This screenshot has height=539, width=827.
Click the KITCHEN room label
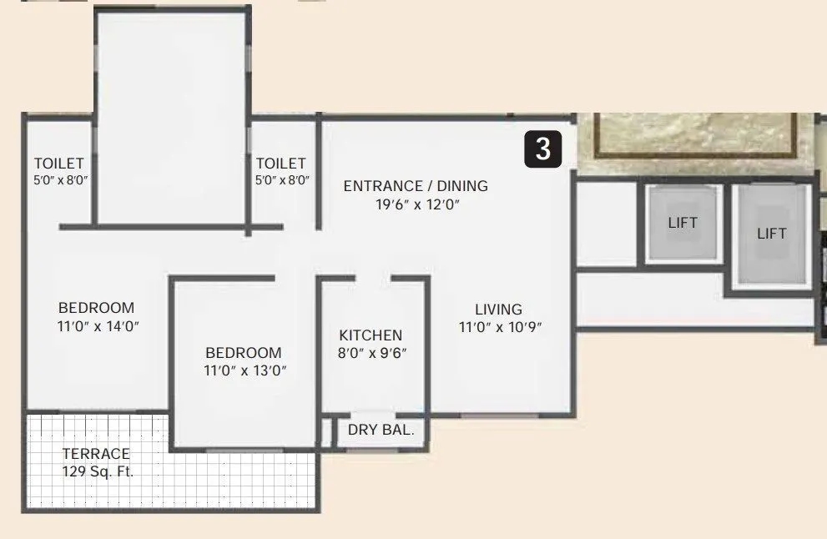(x=371, y=335)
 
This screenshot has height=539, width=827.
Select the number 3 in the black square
(x=543, y=149)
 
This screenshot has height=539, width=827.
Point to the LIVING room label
(x=499, y=310)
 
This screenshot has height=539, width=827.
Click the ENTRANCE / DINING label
(x=416, y=186)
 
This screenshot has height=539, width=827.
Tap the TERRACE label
(x=97, y=454)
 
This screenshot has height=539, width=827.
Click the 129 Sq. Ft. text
(x=98, y=471)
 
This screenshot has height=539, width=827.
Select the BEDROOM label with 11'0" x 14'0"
(x=96, y=308)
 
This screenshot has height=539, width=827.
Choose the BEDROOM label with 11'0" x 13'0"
(x=244, y=353)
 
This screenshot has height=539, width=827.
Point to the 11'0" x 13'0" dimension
(x=245, y=371)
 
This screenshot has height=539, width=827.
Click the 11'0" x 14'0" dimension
(x=98, y=326)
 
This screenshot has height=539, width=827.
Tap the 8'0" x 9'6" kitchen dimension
(x=372, y=353)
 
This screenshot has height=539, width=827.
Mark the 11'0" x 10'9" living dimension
(x=501, y=327)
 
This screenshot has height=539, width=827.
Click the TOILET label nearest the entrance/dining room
(x=281, y=164)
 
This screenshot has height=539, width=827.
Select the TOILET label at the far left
(x=59, y=163)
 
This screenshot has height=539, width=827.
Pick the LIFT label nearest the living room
(x=683, y=223)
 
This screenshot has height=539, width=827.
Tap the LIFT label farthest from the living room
(x=772, y=234)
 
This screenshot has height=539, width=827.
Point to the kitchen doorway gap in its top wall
(x=376, y=278)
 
